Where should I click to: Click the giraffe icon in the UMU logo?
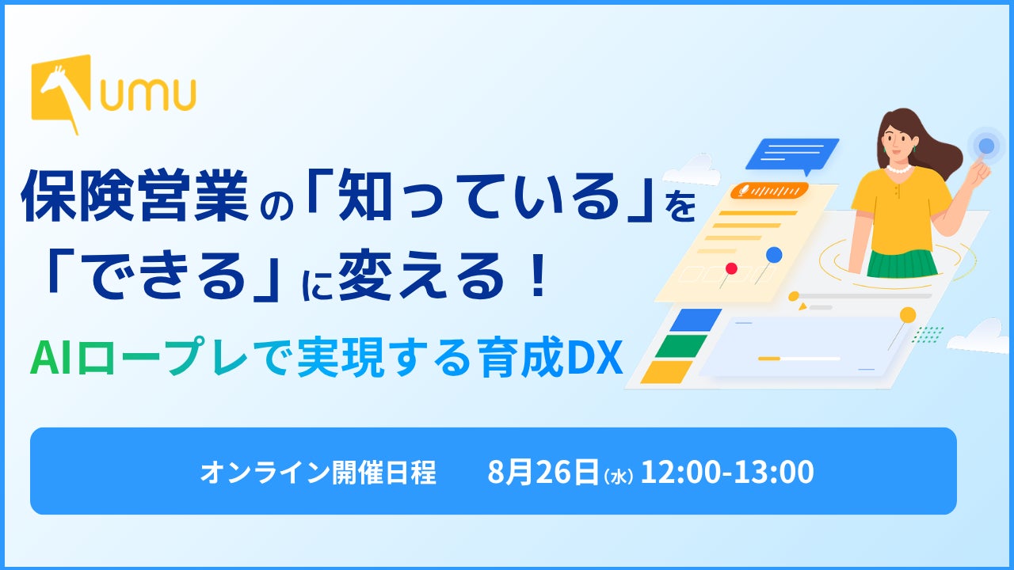click(61, 93)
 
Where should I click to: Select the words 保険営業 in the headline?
click(135, 196)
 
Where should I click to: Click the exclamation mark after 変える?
click(539, 275)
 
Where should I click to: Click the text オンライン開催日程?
click(318, 472)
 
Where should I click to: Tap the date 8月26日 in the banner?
click(543, 471)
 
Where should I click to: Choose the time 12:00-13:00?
click(727, 471)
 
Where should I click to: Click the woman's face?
click(898, 139)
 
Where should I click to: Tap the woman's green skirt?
click(902, 264)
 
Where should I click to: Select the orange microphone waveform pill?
click(769, 191)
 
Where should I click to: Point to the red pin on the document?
click(731, 268)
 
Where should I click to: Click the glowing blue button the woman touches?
click(986, 146)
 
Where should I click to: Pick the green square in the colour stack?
click(681, 346)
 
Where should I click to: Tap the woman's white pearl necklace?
click(899, 169)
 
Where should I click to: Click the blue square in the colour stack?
click(696, 320)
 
